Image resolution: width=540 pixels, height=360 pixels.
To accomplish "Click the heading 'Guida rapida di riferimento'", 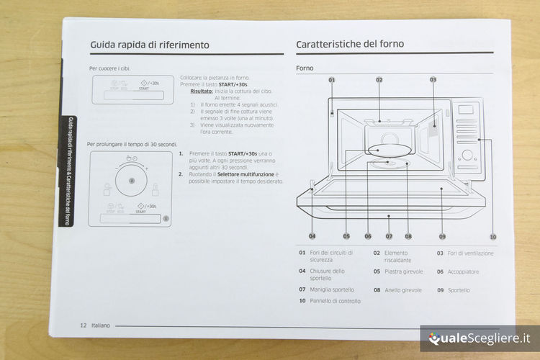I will [x=150, y=45].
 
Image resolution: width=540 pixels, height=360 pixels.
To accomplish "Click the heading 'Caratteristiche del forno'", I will [x=350, y=44].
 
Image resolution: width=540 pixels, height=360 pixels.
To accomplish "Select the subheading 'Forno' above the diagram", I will [x=305, y=68].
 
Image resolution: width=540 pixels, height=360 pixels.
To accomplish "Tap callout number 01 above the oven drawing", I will [x=332, y=79].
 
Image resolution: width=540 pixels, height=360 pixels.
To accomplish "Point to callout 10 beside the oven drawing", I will [x=492, y=236].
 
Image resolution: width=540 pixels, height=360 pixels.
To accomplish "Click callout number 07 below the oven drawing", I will [x=389, y=235].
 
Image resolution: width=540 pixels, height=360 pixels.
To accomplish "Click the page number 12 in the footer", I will [x=84, y=325].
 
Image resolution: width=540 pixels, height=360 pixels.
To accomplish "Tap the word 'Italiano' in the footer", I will [x=101, y=325].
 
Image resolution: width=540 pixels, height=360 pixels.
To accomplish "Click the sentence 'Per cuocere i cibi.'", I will [x=110, y=68].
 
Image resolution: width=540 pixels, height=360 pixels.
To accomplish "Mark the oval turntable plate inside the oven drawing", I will [x=387, y=150].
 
